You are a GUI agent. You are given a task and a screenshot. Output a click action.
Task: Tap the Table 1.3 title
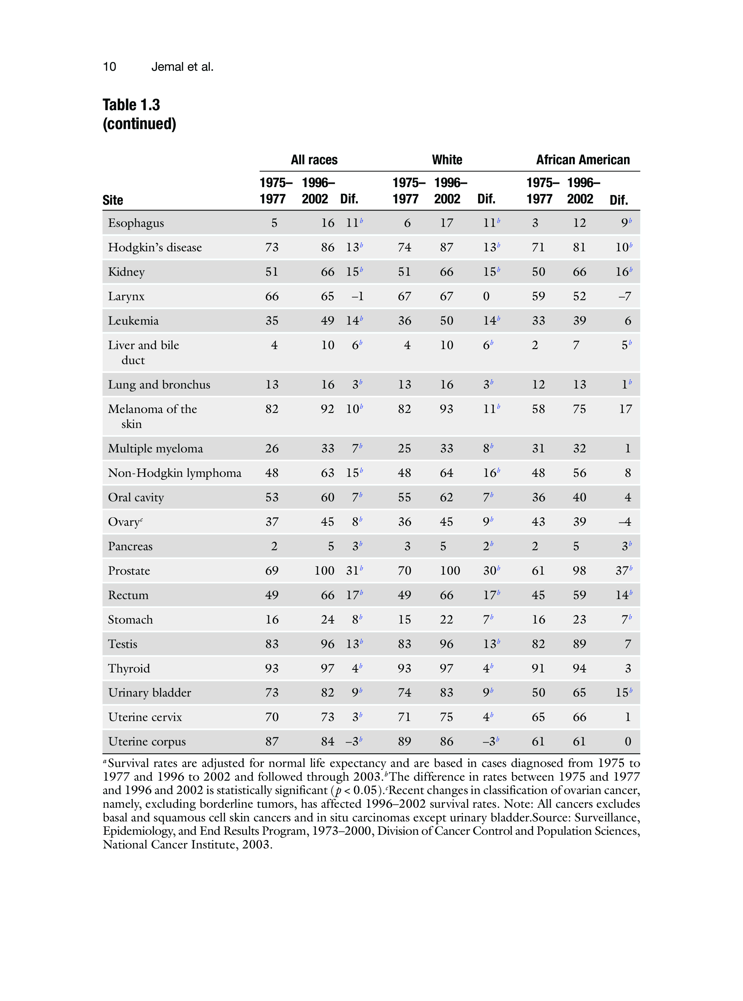coord(131,105)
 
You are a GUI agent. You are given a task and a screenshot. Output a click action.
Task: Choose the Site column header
coord(112,200)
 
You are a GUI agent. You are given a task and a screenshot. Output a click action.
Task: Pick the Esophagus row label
coord(136,223)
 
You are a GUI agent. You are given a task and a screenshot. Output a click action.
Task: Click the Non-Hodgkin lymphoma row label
coord(174,473)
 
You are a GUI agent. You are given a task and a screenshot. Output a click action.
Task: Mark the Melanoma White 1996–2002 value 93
coord(446,409)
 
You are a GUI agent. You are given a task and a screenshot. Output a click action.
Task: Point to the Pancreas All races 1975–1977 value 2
coord(274,546)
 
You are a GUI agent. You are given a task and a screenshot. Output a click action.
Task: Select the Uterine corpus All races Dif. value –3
coord(352,742)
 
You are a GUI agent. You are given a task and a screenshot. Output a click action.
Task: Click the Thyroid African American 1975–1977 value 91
coord(538,668)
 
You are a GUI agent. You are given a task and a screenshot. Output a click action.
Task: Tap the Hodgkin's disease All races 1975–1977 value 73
coord(272,247)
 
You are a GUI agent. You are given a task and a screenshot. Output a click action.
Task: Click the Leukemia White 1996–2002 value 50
coord(446,321)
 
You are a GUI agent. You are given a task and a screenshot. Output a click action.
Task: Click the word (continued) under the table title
coord(139,124)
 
